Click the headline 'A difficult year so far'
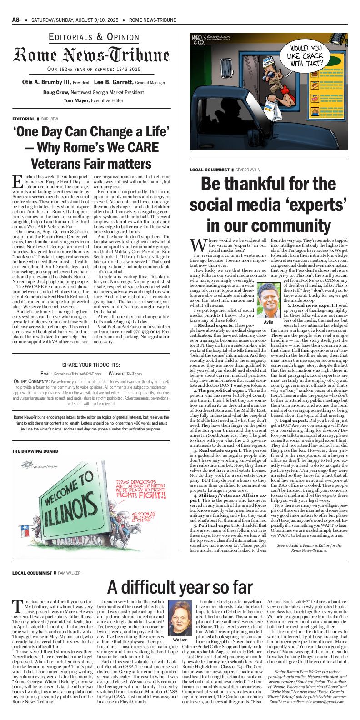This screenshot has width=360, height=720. (180, 587)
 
